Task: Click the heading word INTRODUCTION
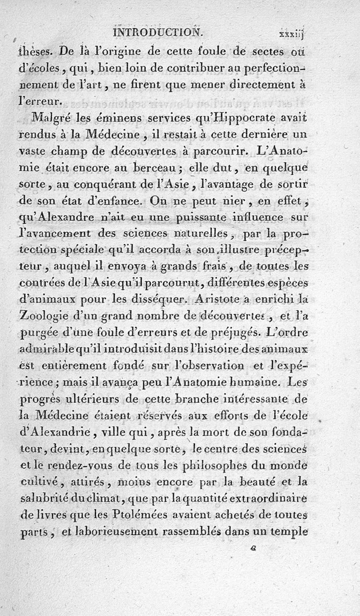pos(159,32)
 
